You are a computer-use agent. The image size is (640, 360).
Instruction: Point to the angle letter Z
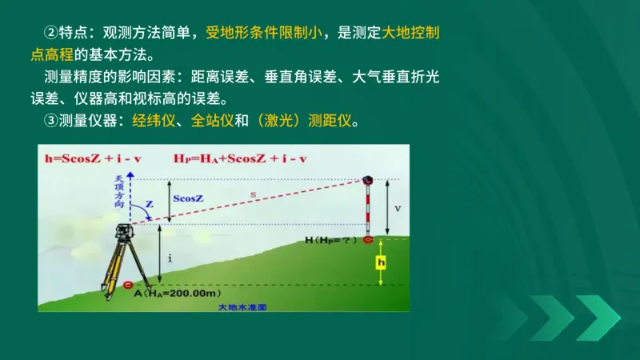point(149,205)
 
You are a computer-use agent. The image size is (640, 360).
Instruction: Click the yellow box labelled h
point(382,262)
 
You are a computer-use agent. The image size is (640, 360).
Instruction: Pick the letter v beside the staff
point(398,208)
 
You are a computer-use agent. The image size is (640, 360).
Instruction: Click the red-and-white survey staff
point(368,208)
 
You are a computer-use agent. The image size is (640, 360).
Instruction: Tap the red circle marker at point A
point(130,284)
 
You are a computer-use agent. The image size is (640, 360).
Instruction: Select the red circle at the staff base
point(368,238)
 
